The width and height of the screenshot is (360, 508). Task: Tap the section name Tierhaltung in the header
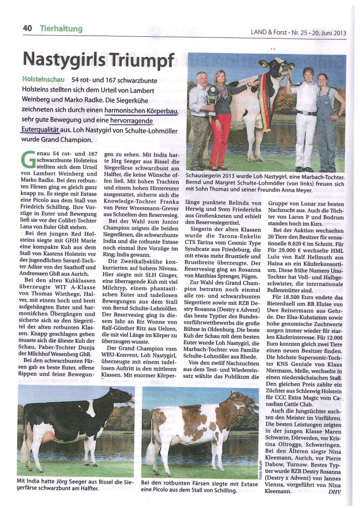(61, 29)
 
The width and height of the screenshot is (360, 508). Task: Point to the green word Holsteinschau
(43, 80)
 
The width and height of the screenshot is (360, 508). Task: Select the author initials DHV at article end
(335, 493)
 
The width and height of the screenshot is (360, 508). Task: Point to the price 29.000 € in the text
(288, 251)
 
